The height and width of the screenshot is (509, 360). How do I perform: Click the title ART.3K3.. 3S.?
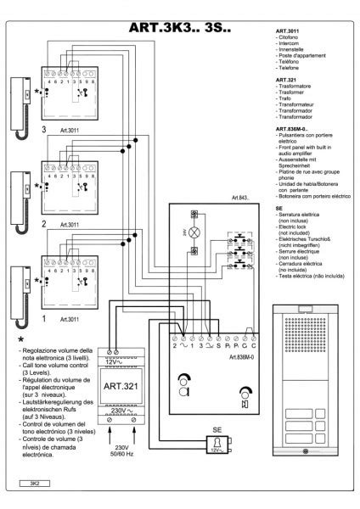tap(177, 28)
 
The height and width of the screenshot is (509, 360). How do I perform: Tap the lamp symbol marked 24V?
tap(194, 232)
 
